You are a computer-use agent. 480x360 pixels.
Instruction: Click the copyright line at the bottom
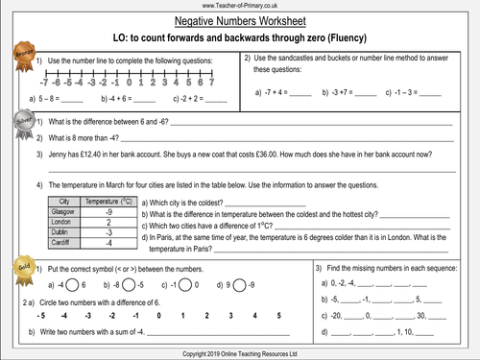point(240,353)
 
